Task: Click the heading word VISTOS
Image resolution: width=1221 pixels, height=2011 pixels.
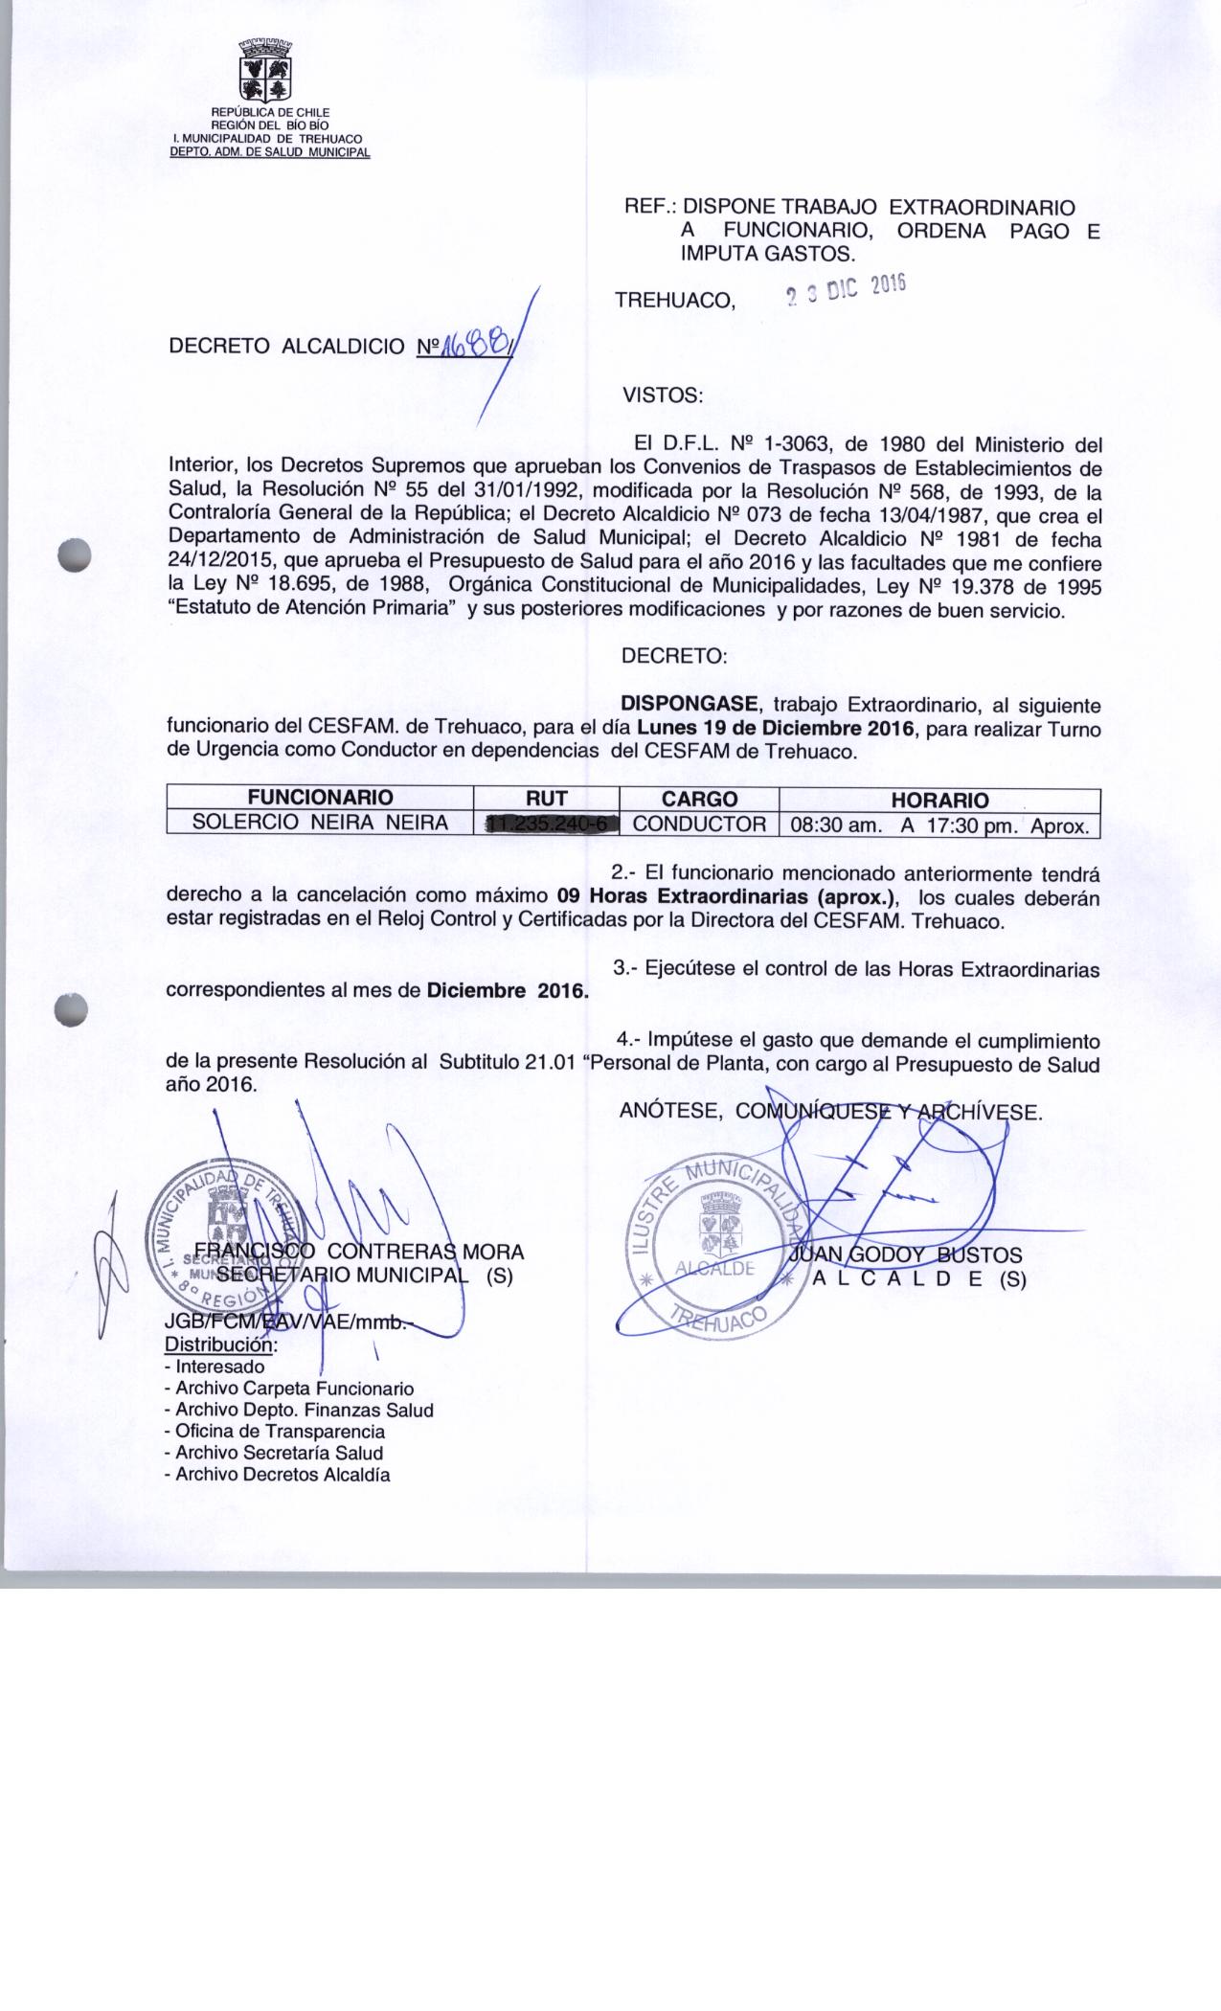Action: point(663,395)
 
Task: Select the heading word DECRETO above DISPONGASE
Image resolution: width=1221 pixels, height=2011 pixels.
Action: point(674,657)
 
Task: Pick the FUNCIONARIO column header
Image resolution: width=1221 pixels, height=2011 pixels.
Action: point(320,799)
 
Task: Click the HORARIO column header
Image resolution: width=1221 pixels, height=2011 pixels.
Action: point(939,800)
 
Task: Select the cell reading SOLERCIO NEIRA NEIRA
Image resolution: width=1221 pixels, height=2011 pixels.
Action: point(320,823)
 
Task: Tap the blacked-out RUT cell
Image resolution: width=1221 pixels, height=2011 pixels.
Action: point(548,824)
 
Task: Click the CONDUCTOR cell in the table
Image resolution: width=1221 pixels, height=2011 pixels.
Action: point(699,824)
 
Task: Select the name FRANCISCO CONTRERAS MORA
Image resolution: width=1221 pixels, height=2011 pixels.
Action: point(358,1251)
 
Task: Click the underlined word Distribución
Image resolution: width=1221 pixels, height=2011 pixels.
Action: point(221,1345)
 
